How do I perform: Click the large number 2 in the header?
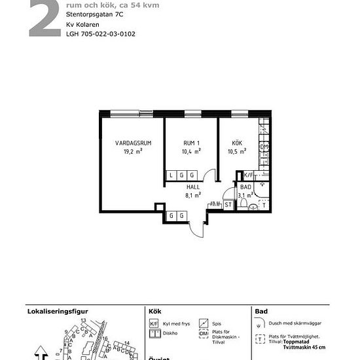44,18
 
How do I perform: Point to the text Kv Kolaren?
83,24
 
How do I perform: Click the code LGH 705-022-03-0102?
101,34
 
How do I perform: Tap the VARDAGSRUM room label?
133,143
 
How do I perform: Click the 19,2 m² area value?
133,151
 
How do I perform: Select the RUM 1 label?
191,143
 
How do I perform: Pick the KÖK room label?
236,143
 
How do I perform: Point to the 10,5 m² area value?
236,151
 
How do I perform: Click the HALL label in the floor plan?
193,187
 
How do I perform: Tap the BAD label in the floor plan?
245,187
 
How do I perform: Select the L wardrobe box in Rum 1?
171,175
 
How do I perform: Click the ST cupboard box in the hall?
228,205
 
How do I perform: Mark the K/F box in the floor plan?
248,175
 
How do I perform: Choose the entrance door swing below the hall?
195,226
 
